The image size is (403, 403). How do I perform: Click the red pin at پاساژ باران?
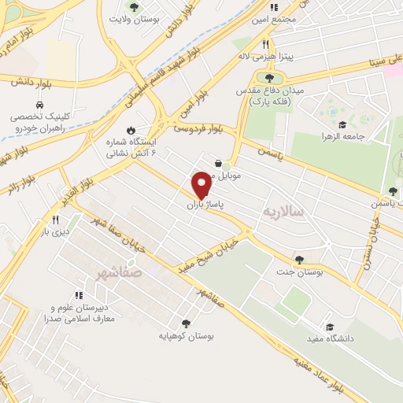point(201,184)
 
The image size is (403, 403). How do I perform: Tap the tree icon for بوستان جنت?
point(298,259)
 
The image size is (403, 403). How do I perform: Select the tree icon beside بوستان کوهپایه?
point(186,323)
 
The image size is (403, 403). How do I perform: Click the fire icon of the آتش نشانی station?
point(131,131)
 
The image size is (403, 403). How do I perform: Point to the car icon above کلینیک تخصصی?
point(39,105)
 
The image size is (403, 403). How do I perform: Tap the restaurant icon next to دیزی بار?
point(54,220)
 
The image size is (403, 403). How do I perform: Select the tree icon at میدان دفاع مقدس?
point(270,78)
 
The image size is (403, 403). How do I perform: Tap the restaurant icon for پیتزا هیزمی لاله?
point(265,44)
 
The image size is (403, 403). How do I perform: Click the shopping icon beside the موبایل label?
point(217,164)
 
